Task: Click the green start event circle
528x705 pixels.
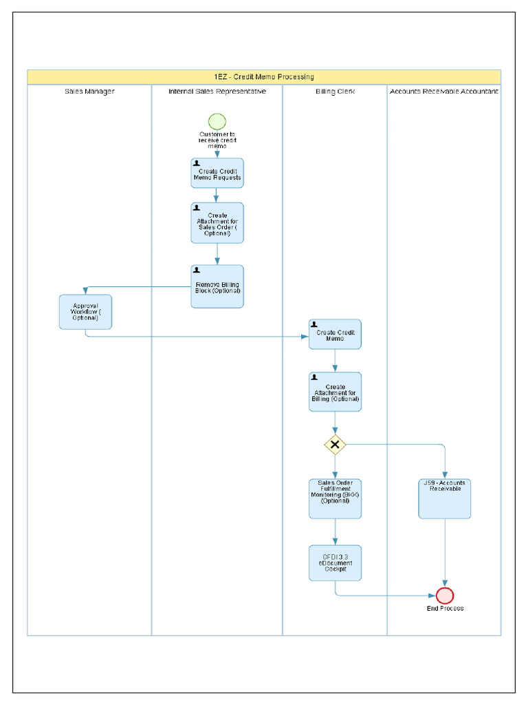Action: [217, 121]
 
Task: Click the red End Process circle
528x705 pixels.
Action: [445, 596]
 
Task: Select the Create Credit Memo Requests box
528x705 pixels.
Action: [217, 173]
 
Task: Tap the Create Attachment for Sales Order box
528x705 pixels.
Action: [217, 222]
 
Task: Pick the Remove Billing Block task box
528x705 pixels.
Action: [217, 286]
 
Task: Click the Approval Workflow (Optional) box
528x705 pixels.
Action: [85, 312]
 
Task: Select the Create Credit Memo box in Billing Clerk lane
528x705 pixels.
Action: [335, 335]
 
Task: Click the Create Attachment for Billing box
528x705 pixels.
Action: [335, 392]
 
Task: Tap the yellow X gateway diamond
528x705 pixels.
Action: [335, 445]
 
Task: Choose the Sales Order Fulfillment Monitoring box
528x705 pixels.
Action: [335, 498]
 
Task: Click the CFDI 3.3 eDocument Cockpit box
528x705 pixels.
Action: [335, 563]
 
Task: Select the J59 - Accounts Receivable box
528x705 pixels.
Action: [445, 498]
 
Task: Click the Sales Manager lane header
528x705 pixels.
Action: [89, 91]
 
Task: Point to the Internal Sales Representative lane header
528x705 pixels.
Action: [217, 91]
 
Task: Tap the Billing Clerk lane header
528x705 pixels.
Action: [335, 91]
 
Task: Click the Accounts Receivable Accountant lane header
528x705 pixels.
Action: [444, 91]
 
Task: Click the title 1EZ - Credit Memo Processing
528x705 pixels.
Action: [264, 76]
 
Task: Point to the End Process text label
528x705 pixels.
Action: [445, 609]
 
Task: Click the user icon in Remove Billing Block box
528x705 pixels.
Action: [197, 270]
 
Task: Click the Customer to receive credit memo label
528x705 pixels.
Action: [217, 140]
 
